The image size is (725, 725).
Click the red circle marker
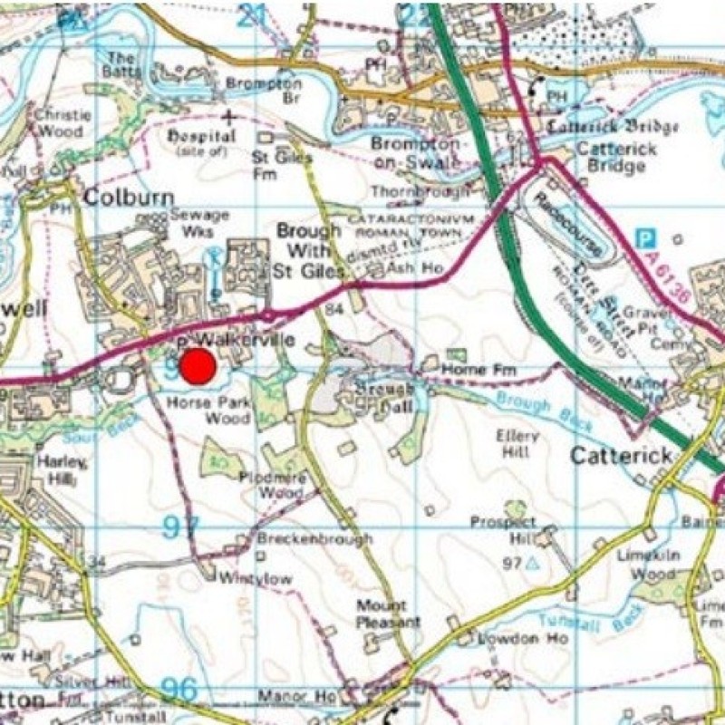coord(197,367)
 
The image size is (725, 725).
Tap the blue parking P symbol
coord(644,237)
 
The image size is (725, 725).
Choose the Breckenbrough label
coord(314,539)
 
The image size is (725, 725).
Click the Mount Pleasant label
coord(388,614)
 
